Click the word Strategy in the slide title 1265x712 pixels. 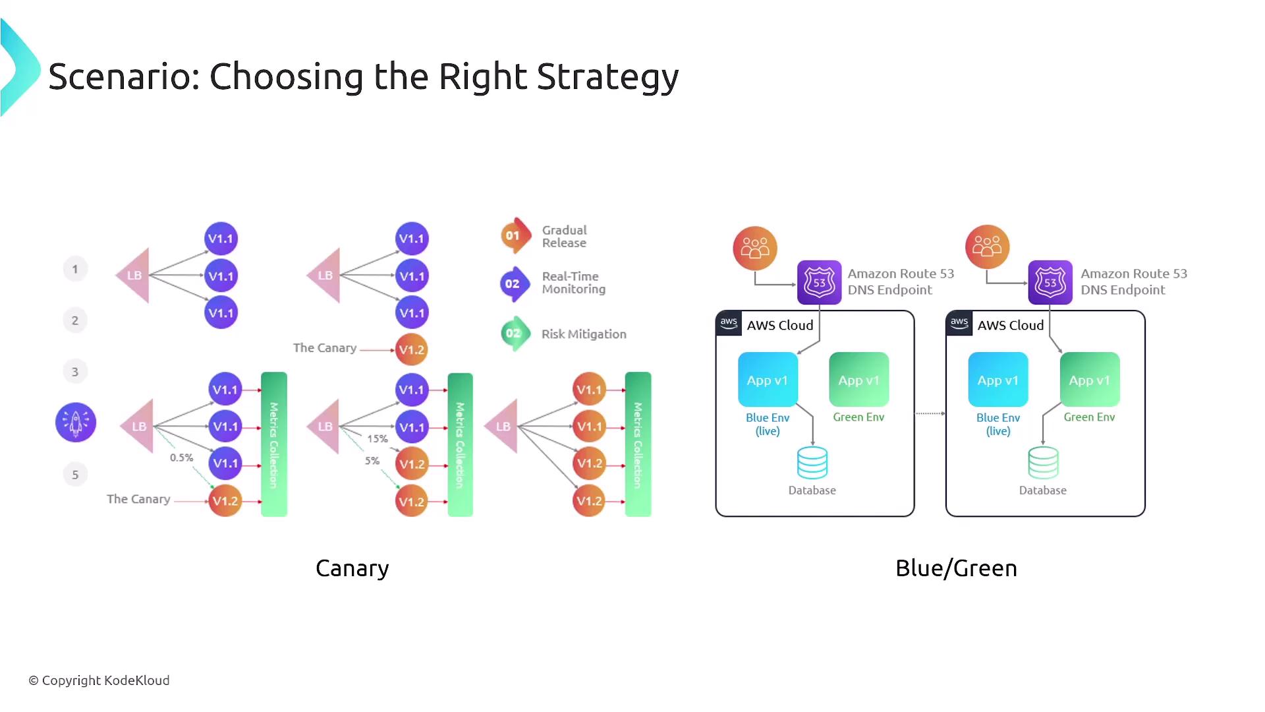[607, 77]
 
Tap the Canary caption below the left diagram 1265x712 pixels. [352, 568]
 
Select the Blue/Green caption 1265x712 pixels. [956, 568]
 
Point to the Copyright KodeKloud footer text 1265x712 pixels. [99, 680]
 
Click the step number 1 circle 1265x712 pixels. [75, 269]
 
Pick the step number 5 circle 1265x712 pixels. [75, 475]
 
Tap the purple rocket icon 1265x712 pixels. [76, 423]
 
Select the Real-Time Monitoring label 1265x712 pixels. [573, 283]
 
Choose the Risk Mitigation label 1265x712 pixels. [583, 334]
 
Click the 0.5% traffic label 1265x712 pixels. [181, 458]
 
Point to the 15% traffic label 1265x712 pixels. [378, 438]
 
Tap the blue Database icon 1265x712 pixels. [812, 463]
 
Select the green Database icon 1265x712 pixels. [1043, 463]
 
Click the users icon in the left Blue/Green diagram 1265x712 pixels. [755, 248]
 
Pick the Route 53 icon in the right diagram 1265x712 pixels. [1050, 282]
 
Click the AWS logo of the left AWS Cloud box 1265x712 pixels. [729, 323]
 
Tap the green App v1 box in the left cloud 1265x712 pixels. [858, 380]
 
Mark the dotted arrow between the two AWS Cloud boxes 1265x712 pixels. [930, 413]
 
